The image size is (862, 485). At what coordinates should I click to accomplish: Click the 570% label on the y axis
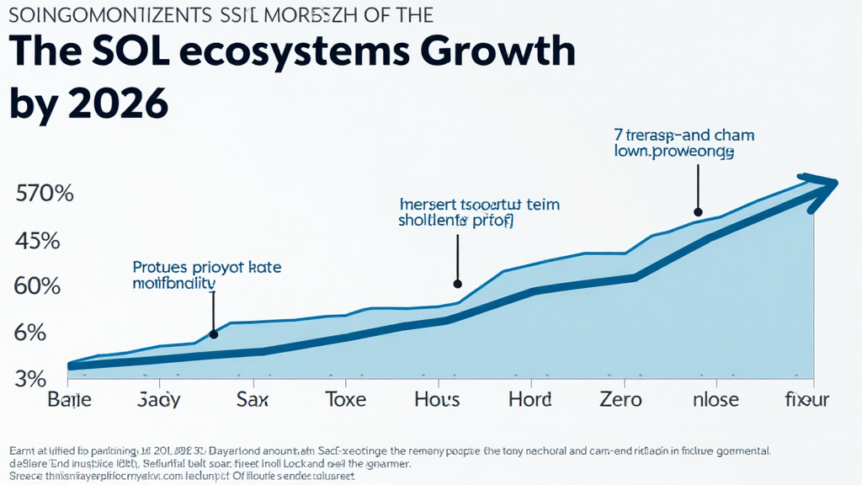pyautogui.click(x=45, y=194)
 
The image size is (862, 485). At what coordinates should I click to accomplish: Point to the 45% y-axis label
pyautogui.click(x=37, y=241)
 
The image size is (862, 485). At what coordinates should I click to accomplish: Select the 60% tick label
pyautogui.click(x=37, y=286)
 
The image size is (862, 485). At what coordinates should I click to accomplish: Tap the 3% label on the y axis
pyautogui.click(x=31, y=378)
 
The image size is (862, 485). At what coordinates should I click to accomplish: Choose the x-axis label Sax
pyautogui.click(x=253, y=399)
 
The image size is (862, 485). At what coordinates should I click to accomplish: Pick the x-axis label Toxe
pyautogui.click(x=347, y=399)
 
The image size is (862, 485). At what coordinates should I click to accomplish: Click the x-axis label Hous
pyautogui.click(x=437, y=399)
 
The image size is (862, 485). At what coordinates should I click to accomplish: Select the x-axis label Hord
pyautogui.click(x=529, y=399)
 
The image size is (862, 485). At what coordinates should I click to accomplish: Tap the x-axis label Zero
pyautogui.click(x=620, y=399)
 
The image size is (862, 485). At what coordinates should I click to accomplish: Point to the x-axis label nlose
pyautogui.click(x=715, y=399)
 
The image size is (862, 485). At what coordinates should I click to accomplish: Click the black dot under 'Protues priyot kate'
pyautogui.click(x=214, y=334)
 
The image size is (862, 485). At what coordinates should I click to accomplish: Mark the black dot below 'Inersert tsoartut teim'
pyautogui.click(x=458, y=284)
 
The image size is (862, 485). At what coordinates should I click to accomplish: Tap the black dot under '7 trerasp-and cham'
pyautogui.click(x=698, y=212)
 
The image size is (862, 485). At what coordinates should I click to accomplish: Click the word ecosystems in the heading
pyautogui.click(x=289, y=53)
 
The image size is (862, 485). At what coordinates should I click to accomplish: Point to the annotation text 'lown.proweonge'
pyautogui.click(x=673, y=153)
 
